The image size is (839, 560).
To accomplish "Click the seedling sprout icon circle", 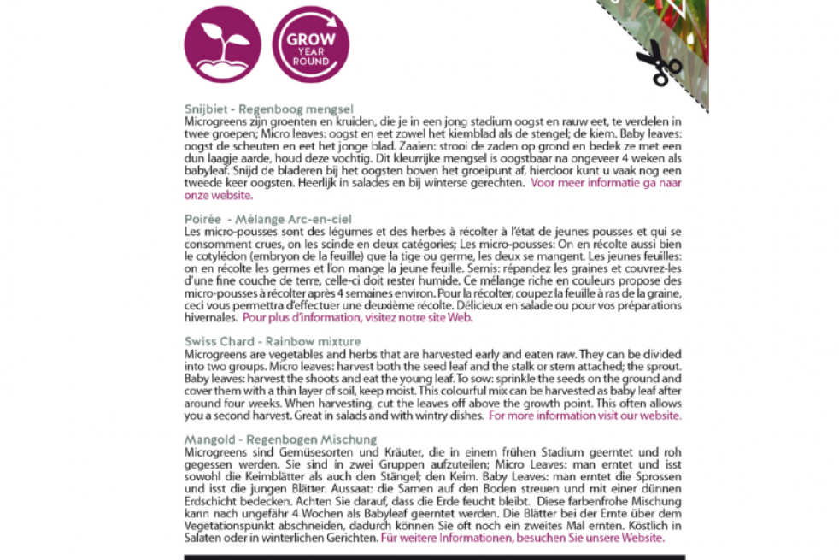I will [x=222, y=43].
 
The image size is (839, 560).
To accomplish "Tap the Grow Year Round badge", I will [x=310, y=44].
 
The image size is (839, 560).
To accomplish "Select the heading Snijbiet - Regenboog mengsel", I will [x=269, y=109].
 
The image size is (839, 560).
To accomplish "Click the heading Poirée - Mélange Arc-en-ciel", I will [x=267, y=220].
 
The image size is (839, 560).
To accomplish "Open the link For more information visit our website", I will [x=584, y=416].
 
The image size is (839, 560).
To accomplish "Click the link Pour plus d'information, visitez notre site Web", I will [x=357, y=317].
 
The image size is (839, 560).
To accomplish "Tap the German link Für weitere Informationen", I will [x=521, y=539].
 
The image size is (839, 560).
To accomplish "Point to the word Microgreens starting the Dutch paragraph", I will [x=214, y=121].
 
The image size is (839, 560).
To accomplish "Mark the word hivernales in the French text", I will [x=211, y=317].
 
